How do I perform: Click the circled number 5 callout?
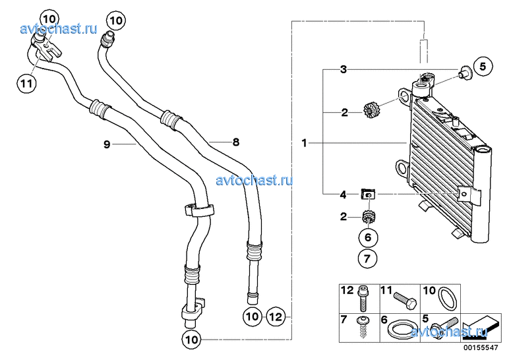tap(483, 66)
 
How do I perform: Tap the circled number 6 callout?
tap(368, 237)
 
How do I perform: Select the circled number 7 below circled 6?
tap(367, 258)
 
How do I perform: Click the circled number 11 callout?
tap(26, 84)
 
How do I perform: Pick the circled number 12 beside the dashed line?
tap(276, 316)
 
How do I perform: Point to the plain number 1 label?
tap(304, 143)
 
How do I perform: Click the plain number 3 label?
tap(344, 69)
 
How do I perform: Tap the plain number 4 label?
tap(343, 195)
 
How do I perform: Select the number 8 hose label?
tap(236, 142)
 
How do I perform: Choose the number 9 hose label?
tap(107, 144)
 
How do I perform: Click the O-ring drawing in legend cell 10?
tap(448, 298)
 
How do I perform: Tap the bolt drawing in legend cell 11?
tap(405, 301)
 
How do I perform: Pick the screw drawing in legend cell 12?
tap(363, 298)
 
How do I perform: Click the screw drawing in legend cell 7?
tap(362, 327)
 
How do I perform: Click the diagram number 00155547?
tap(481, 347)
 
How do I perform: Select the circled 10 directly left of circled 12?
tap(253, 316)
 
